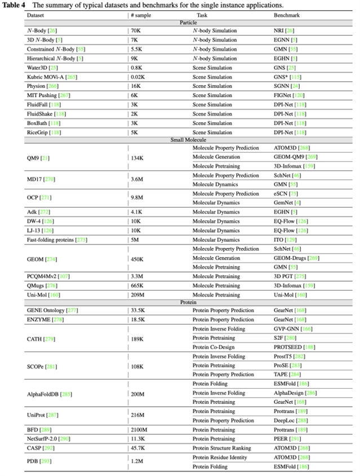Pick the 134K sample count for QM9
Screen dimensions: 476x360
(x=139, y=157)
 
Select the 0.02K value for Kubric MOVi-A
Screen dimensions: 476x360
(x=139, y=77)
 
